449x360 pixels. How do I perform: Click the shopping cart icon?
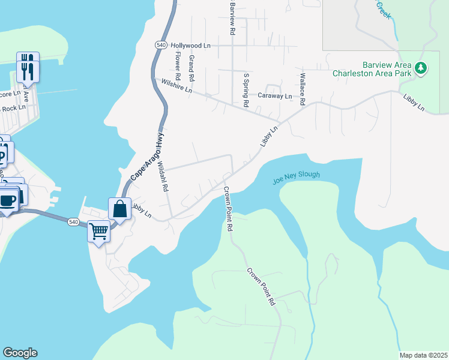[98, 230]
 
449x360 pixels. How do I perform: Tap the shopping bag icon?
[119, 209]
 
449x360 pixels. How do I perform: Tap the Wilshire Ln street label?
[173, 86]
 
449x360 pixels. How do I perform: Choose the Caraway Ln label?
[274, 95]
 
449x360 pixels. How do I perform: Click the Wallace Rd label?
[303, 89]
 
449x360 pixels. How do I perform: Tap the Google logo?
[20, 353]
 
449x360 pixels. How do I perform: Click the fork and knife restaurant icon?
[28, 68]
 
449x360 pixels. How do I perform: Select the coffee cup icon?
[8, 200]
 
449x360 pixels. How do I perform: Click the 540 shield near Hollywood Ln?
[160, 45]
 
